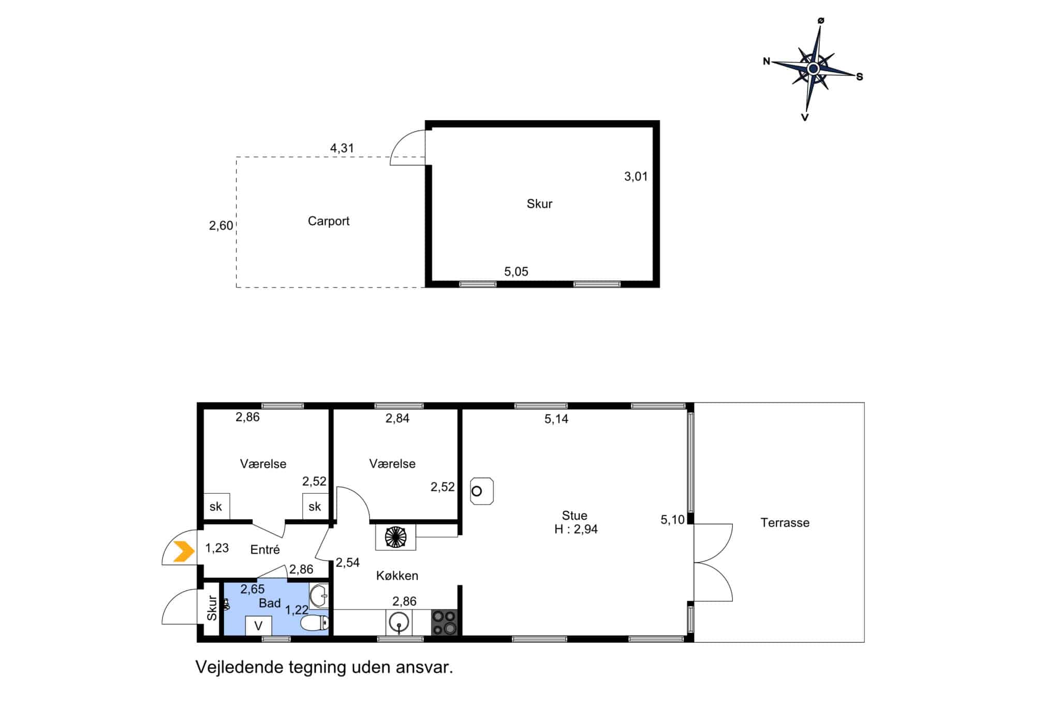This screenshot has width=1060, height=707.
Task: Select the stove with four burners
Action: [x=444, y=623]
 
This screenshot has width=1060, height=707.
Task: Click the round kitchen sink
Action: [x=399, y=622]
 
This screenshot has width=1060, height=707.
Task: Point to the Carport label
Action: [x=329, y=221]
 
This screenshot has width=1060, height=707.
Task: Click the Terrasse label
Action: [x=785, y=523]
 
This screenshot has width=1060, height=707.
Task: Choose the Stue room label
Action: [x=575, y=515]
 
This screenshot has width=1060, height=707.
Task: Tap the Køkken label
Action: [x=397, y=575]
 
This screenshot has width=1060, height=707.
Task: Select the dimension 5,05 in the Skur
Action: [x=516, y=271]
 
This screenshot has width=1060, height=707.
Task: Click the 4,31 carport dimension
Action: [x=342, y=148]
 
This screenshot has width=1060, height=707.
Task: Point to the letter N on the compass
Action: [x=767, y=62]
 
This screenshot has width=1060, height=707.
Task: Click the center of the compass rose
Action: [x=813, y=68]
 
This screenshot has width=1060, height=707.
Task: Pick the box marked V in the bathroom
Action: [x=258, y=625]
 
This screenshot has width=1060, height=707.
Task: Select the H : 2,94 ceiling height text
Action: [x=576, y=529]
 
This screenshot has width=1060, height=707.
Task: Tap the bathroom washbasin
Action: [x=319, y=596]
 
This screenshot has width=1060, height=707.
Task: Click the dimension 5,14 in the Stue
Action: [x=556, y=419]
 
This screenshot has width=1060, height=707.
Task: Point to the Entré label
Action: [x=265, y=550]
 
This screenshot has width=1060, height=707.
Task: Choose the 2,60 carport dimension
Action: [x=221, y=225]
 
